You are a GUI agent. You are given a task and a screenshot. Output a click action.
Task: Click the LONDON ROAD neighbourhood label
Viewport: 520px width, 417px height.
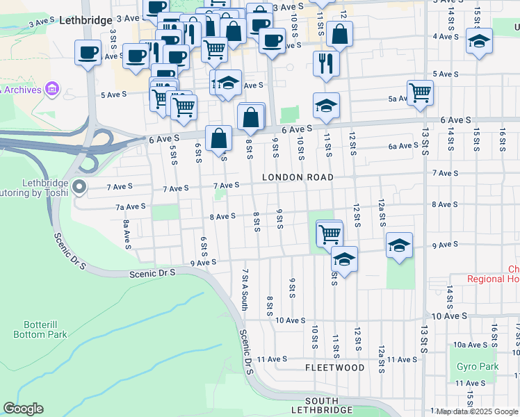pos(298,177)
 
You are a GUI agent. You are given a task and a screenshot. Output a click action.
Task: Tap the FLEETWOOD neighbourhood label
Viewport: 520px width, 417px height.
pos(335,367)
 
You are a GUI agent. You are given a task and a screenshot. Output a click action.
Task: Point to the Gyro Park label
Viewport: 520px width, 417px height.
pos(478,366)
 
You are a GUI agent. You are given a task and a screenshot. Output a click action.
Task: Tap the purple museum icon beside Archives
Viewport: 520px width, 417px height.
pos(51,89)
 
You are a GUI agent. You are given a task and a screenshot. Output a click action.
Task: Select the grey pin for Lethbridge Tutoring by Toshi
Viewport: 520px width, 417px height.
pos(79,186)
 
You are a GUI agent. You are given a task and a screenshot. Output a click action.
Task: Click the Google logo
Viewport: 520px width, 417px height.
pos(23,409)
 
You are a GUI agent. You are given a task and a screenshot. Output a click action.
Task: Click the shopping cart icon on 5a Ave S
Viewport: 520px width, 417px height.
pos(420,92)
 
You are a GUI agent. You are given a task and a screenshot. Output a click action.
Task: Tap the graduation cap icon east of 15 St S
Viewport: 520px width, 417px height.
pos(479,42)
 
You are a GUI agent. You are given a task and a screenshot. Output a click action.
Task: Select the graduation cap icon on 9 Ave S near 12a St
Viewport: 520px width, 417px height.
pos(400,246)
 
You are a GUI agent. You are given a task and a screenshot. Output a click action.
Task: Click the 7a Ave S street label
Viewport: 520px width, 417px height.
pos(130,206)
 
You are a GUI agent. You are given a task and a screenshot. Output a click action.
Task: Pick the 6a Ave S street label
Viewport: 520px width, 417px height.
pos(403,146)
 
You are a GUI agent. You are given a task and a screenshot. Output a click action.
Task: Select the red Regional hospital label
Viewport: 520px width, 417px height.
pos(494,279)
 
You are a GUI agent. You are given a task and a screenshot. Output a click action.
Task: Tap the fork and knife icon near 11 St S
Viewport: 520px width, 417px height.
pos(326,64)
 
